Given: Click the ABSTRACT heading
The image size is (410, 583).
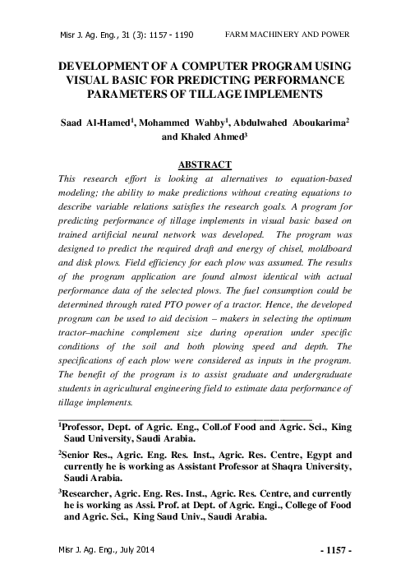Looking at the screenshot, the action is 205,164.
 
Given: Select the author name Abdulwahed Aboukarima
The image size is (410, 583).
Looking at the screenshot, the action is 287,123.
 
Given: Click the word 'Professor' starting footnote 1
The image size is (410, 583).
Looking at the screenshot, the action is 86,428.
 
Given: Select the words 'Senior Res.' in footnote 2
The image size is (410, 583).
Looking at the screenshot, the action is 86,455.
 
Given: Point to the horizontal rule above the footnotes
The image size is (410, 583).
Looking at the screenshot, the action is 184,419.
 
